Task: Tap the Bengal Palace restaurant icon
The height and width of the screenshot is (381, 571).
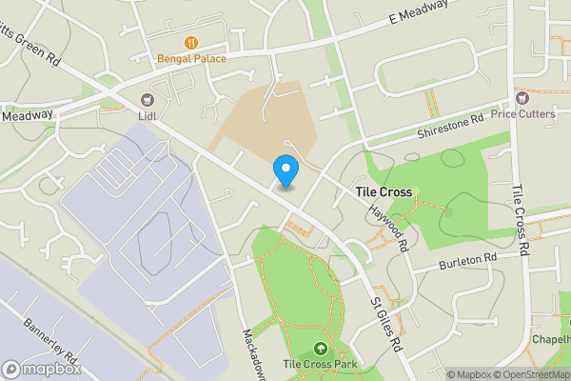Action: (x=191, y=42)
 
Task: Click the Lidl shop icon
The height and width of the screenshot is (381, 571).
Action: (x=148, y=99)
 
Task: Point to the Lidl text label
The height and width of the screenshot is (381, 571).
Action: (x=147, y=116)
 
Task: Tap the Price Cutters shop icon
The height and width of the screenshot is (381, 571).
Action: (x=522, y=97)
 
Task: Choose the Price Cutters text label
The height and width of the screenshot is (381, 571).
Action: (x=522, y=114)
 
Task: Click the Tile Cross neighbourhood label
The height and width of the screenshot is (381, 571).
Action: (x=384, y=191)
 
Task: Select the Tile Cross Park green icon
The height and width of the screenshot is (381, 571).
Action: (x=320, y=348)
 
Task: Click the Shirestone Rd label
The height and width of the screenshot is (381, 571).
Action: (x=451, y=128)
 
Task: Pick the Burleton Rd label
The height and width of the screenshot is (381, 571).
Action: (x=468, y=260)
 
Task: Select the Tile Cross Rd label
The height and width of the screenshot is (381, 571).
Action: (x=522, y=220)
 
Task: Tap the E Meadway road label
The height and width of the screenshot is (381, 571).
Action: (x=418, y=13)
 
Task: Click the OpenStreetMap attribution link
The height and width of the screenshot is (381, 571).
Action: (x=530, y=374)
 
